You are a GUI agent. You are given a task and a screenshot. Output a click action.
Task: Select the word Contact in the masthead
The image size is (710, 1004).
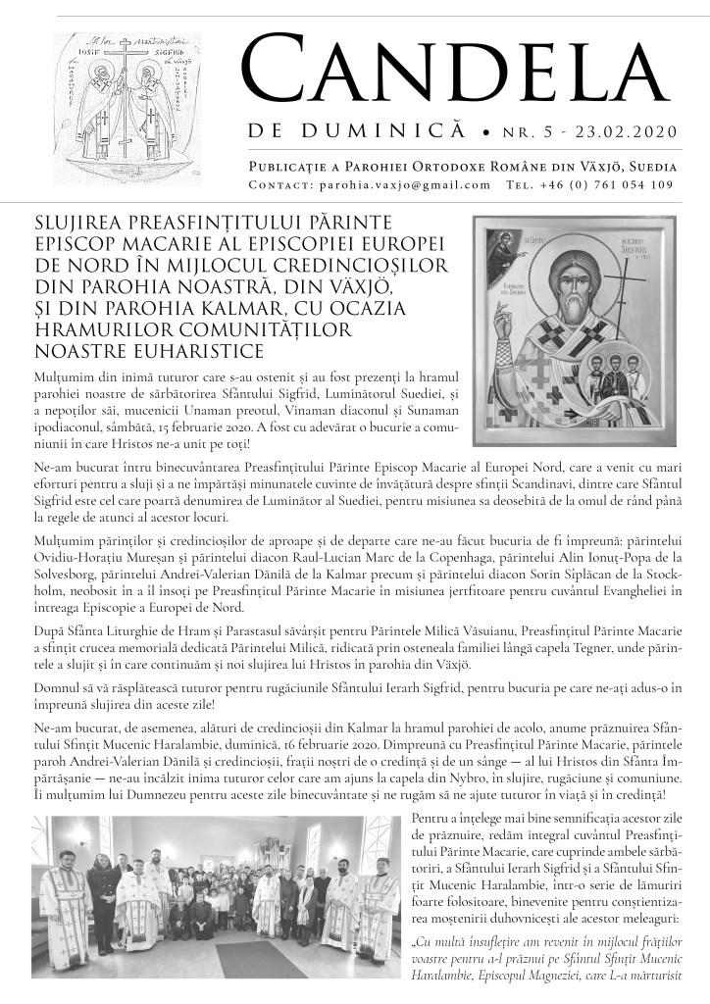click(x=279, y=184)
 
